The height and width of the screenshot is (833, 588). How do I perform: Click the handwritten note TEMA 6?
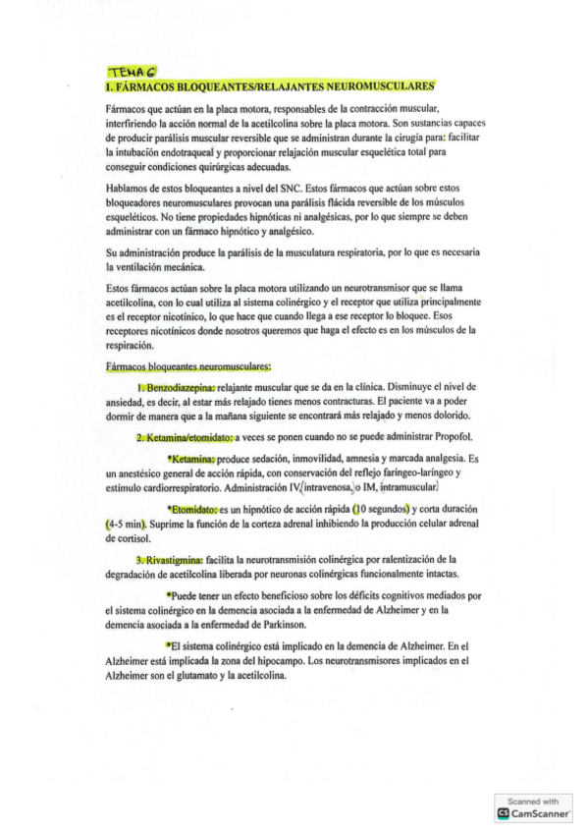click(x=129, y=72)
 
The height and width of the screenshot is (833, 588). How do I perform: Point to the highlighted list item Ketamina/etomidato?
click(x=185, y=436)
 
